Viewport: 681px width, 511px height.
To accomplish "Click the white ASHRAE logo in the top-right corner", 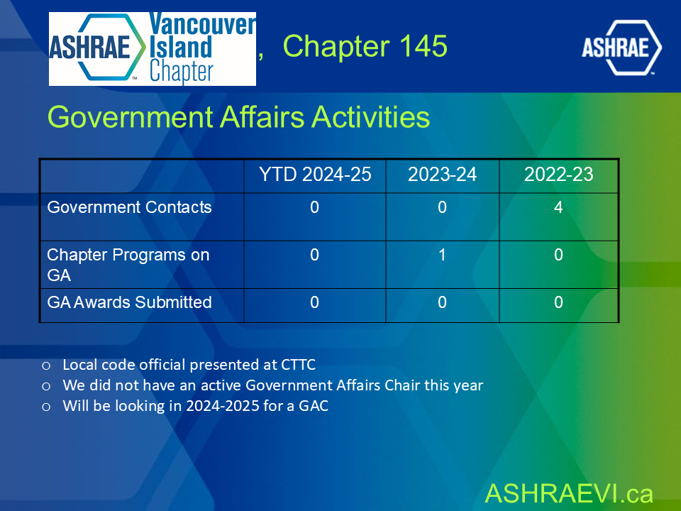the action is pyautogui.click(x=621, y=48).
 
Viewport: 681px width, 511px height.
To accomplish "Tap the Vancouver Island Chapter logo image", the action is pyautogui.click(x=153, y=49).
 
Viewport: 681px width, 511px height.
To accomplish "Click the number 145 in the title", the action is pyautogui.click(x=423, y=45).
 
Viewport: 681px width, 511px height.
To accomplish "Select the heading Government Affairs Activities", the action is pyautogui.click(x=238, y=117).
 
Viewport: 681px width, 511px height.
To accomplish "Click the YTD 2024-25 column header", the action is pyautogui.click(x=315, y=175).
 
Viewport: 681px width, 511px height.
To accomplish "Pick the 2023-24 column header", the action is pyautogui.click(x=442, y=175).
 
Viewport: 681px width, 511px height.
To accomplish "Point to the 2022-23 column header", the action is pyautogui.click(x=558, y=175).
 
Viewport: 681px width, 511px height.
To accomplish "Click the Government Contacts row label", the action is pyautogui.click(x=129, y=207).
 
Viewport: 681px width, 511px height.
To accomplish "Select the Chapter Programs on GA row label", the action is pyautogui.click(x=128, y=265).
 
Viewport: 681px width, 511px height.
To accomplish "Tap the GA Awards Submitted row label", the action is pyautogui.click(x=129, y=302).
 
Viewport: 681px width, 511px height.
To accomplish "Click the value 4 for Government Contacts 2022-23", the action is pyautogui.click(x=558, y=207).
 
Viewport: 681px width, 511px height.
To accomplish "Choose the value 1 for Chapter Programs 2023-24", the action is pyautogui.click(x=442, y=255).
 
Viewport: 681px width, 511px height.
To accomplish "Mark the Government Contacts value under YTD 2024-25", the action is pyautogui.click(x=314, y=207).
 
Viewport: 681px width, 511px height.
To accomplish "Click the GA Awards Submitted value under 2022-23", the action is pyautogui.click(x=558, y=302).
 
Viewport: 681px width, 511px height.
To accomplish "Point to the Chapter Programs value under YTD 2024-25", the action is pyautogui.click(x=314, y=255).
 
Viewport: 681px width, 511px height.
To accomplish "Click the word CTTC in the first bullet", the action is pyautogui.click(x=299, y=365).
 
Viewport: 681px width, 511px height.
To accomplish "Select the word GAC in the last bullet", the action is pyautogui.click(x=314, y=406).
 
